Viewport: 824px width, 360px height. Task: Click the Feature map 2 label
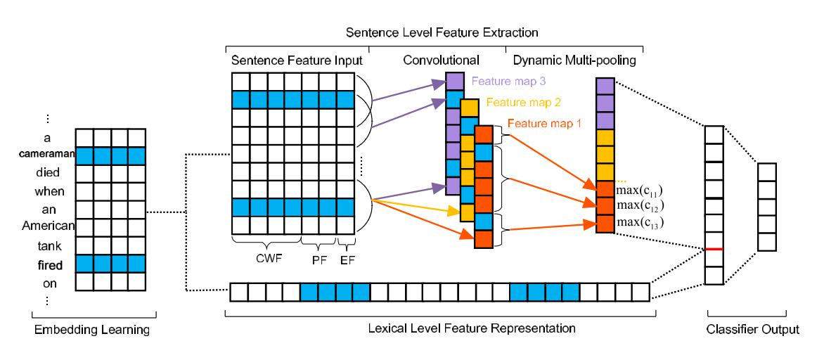(520, 102)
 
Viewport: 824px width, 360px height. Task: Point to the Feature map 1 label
(541, 124)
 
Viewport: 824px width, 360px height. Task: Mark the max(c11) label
(639, 189)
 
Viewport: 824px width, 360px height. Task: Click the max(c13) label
(639, 223)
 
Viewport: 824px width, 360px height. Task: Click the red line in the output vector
(714, 248)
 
